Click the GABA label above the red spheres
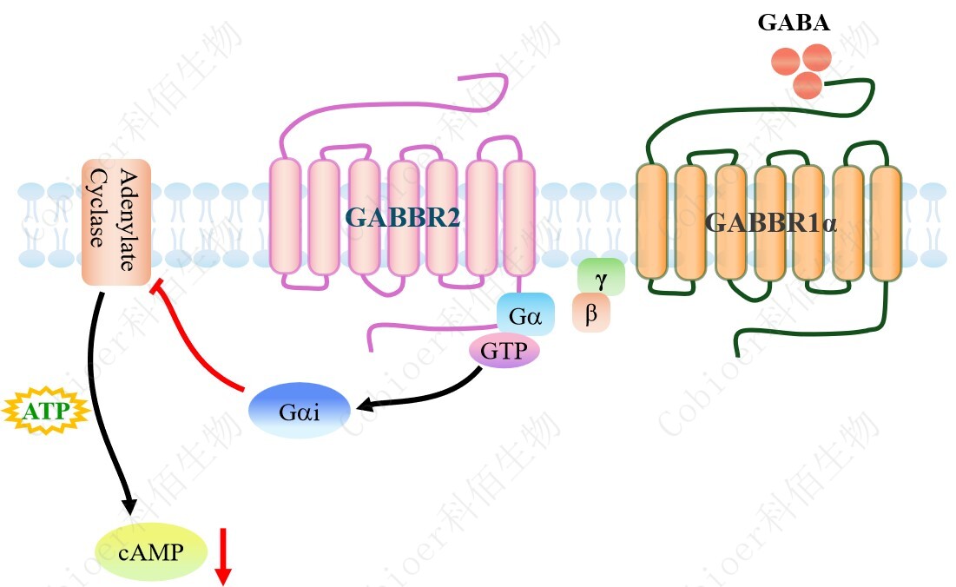pyautogui.click(x=793, y=23)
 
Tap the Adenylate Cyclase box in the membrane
pyautogui.click(x=116, y=222)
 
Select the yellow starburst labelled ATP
pyautogui.click(x=45, y=411)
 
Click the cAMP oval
pyautogui.click(x=151, y=551)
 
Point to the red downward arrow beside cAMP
pyautogui.click(x=223, y=555)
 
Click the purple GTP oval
pyautogui.click(x=504, y=351)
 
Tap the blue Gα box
pyautogui.click(x=525, y=315)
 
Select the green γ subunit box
pyautogui.click(x=601, y=276)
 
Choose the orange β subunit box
pyautogui.click(x=591, y=313)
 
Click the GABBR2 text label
pyautogui.click(x=402, y=217)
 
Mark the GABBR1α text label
pyautogui.click(x=770, y=222)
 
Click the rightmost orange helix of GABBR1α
pyautogui.click(x=887, y=223)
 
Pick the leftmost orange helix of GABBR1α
pyautogui.click(x=651, y=222)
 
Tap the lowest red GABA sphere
pyautogui.click(x=808, y=85)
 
